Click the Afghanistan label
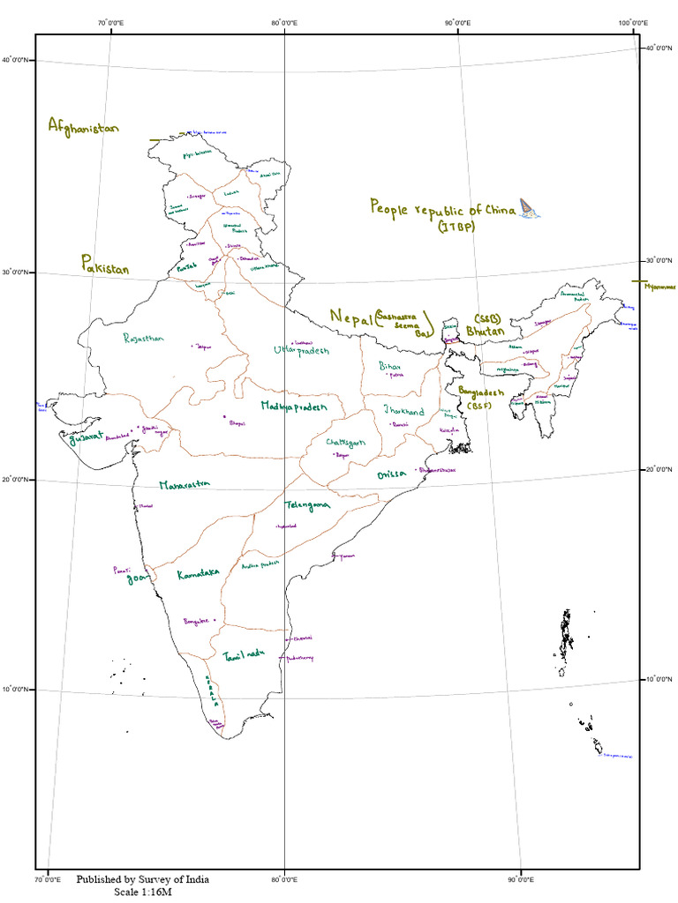tap(83, 126)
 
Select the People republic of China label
tap(442, 208)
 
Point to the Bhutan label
tap(486, 331)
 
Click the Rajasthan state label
tap(144, 338)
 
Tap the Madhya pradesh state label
tap(294, 406)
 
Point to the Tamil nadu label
tap(244, 657)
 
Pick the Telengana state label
tap(306, 505)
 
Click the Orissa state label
tap(390, 474)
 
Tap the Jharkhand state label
tap(403, 411)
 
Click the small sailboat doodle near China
tap(530, 208)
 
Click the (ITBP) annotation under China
tap(455, 228)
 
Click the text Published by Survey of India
tap(142, 879)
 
